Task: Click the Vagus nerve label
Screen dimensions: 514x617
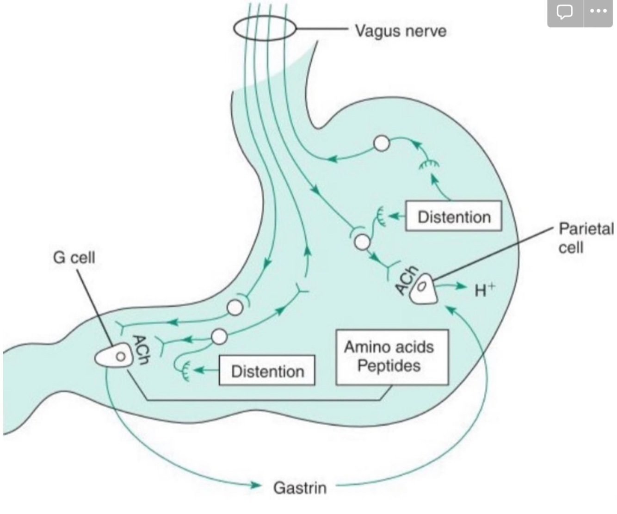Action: click(x=401, y=31)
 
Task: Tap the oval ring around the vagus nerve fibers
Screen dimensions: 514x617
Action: click(x=264, y=28)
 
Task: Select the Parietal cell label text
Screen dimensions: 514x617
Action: click(x=586, y=238)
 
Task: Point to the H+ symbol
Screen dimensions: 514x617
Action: click(x=484, y=290)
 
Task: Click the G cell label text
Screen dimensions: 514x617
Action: click(x=74, y=257)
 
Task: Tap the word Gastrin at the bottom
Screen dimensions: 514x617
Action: click(x=300, y=488)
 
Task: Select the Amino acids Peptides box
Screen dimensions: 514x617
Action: click(x=392, y=357)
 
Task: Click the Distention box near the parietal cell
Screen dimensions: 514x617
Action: click(x=454, y=216)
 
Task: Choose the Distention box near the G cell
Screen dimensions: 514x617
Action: click(x=267, y=371)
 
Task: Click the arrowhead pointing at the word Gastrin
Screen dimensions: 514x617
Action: click(x=255, y=485)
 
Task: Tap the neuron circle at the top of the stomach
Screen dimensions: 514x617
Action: click(x=382, y=143)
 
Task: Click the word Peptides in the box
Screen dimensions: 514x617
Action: click(x=389, y=366)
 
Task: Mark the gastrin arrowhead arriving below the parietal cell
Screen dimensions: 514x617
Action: click(x=451, y=309)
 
